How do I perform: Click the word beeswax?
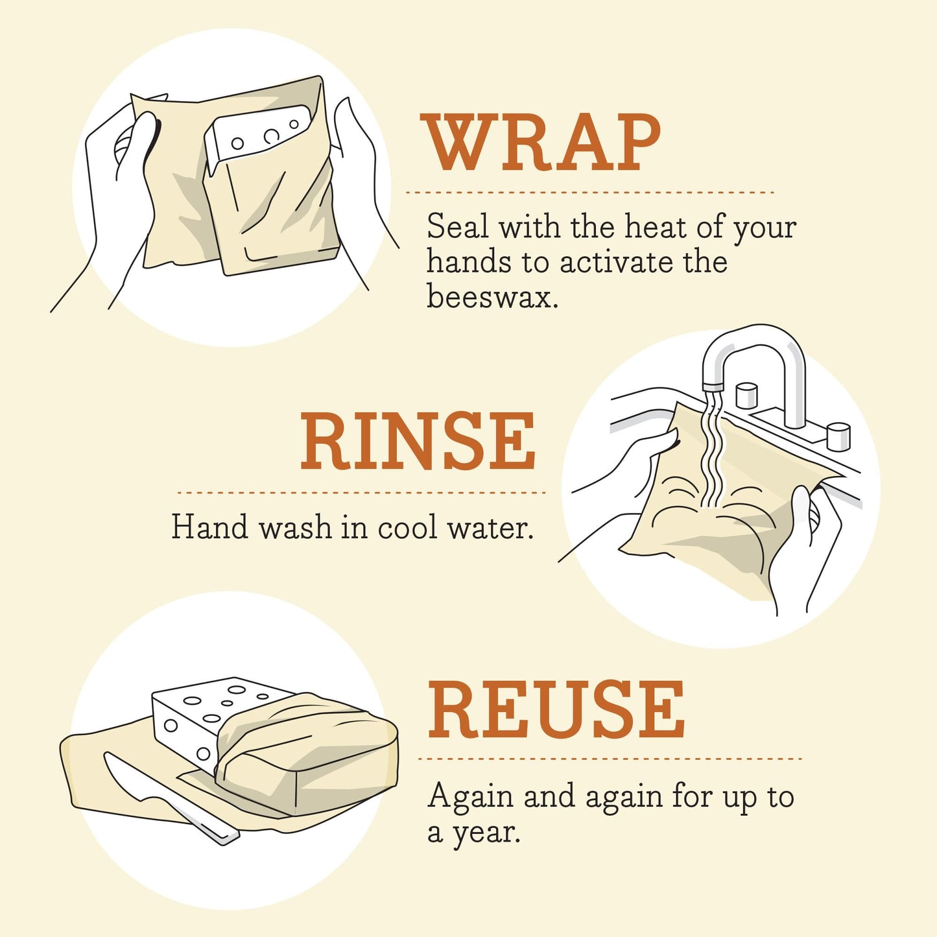(x=492, y=297)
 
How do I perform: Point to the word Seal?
(x=457, y=227)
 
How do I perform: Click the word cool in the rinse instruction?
(x=407, y=527)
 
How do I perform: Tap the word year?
(x=486, y=833)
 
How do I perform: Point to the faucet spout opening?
(x=713, y=386)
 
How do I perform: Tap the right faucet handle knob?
(x=838, y=436)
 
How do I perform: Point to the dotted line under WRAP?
(x=589, y=193)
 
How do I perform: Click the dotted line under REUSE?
(x=610, y=758)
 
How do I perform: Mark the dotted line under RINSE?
(x=361, y=493)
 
